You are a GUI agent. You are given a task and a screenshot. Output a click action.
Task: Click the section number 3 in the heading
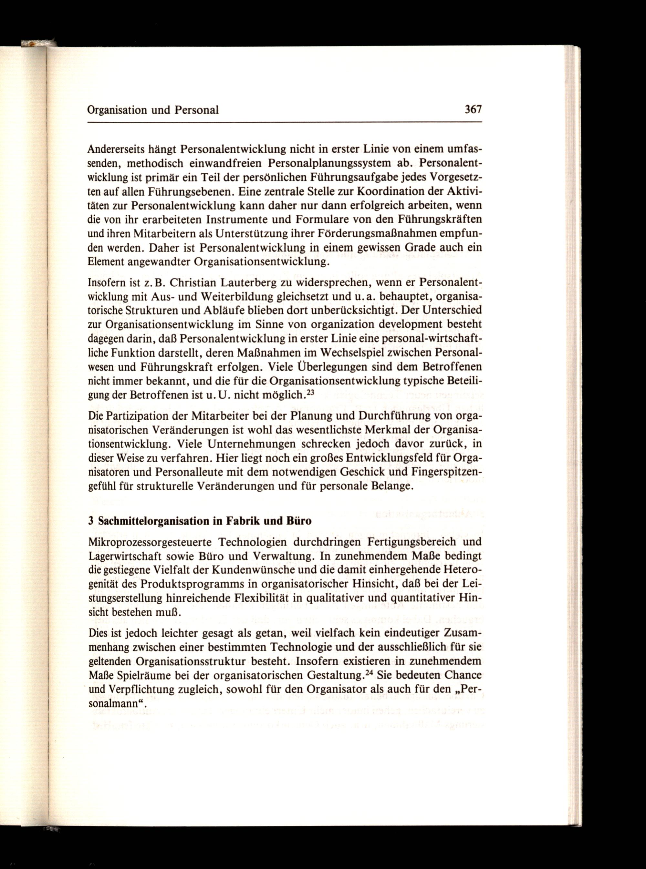(x=90, y=521)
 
